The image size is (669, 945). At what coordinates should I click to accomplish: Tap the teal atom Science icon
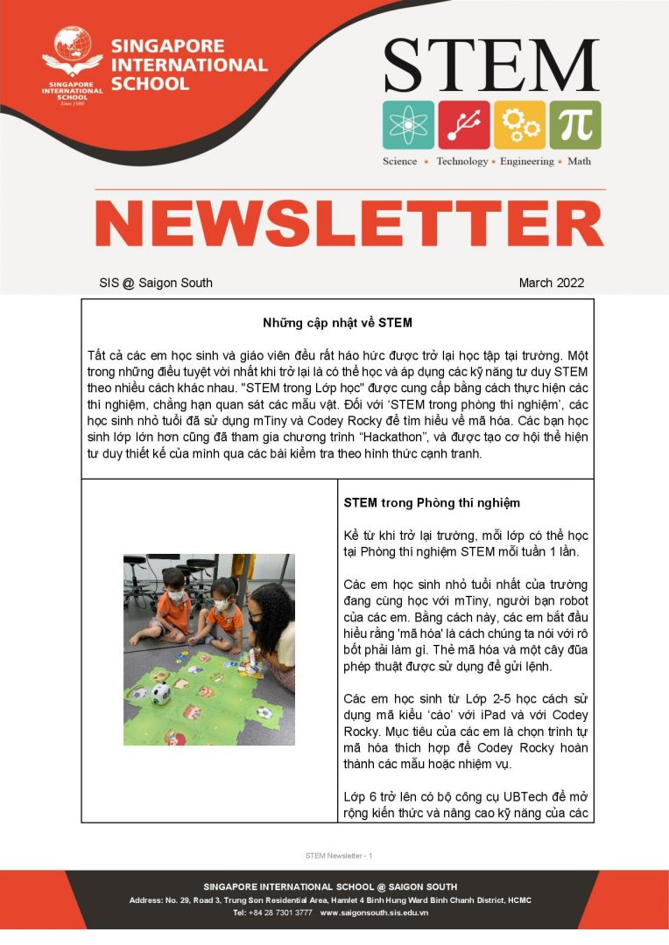point(407,124)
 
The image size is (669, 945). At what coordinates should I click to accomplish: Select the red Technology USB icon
point(463,124)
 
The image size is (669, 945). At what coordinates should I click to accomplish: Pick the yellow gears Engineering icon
point(520,124)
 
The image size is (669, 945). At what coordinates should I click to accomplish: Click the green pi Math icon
point(575,124)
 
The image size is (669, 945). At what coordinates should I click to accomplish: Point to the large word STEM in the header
point(491,66)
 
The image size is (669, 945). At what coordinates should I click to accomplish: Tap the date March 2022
point(551,283)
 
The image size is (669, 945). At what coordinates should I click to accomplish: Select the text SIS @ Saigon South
point(156,283)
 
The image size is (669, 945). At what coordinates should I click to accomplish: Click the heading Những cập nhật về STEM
point(337,323)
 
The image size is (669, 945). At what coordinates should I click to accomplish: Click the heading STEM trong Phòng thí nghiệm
point(432,503)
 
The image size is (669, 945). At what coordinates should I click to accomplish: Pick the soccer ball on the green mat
point(159,694)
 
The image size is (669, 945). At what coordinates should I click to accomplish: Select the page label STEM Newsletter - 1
point(338,855)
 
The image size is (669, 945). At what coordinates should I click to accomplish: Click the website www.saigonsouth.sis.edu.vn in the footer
point(374,913)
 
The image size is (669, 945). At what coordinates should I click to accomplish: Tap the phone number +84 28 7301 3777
point(282,913)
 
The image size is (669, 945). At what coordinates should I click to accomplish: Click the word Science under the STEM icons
point(399,162)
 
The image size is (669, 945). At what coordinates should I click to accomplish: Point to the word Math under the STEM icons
point(579,162)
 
